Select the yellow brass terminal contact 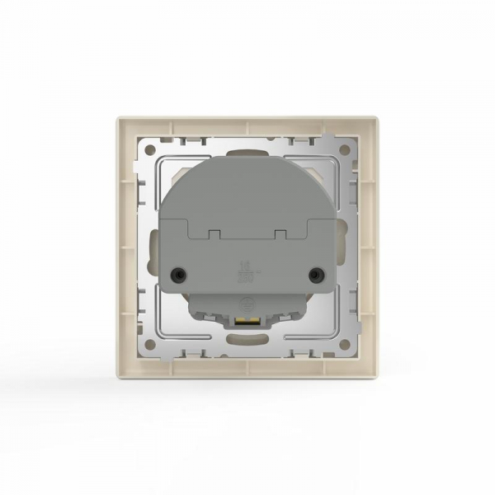tap(247, 323)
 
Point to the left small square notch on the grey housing tap(212, 233)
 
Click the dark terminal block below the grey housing tap(247, 309)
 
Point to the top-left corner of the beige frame tap(115, 118)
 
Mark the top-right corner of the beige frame tap(379, 118)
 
